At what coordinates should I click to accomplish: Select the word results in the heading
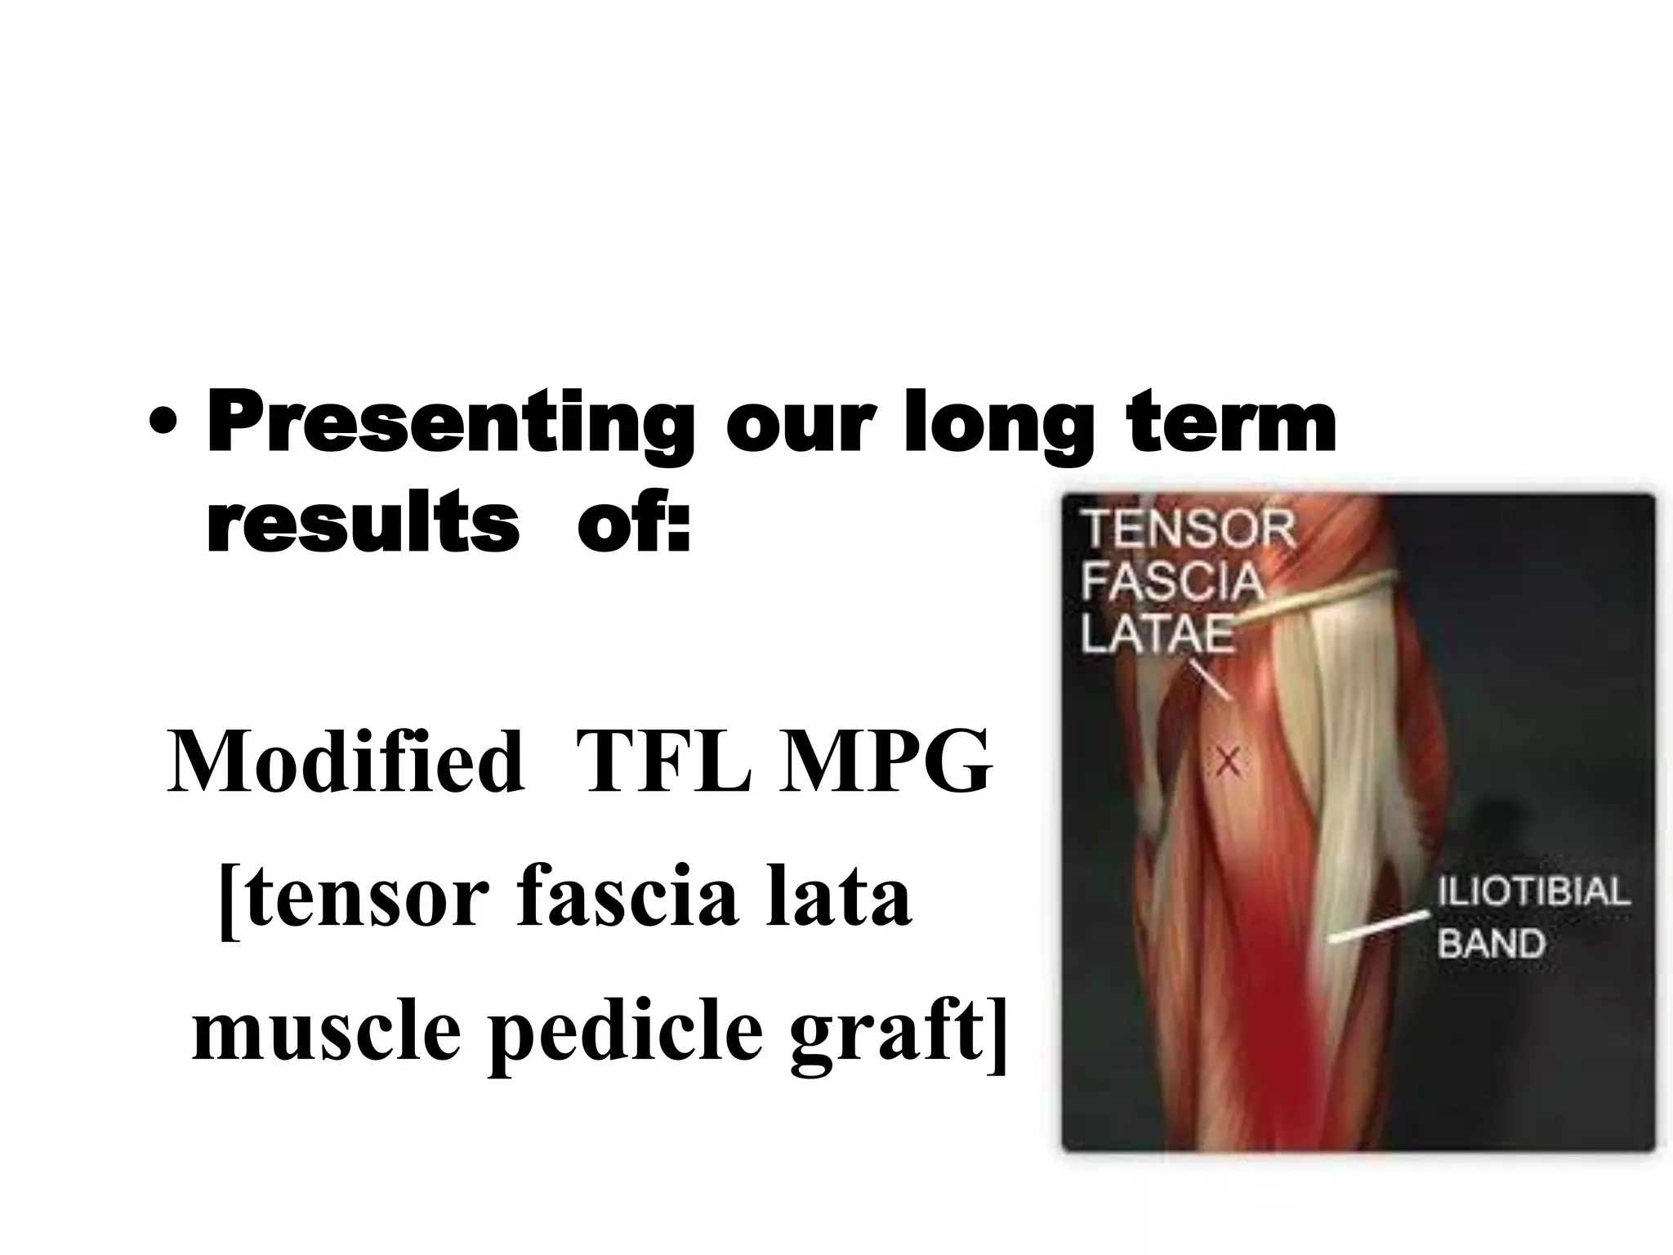[x=363, y=524]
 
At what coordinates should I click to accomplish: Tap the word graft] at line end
[x=899, y=1031]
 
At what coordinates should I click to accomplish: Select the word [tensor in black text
[x=355, y=897]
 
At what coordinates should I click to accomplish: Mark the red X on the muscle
[x=1228, y=762]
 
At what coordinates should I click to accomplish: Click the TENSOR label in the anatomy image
[x=1189, y=531]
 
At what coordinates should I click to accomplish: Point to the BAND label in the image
[x=1491, y=943]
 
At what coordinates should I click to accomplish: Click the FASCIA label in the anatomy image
[x=1171, y=583]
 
